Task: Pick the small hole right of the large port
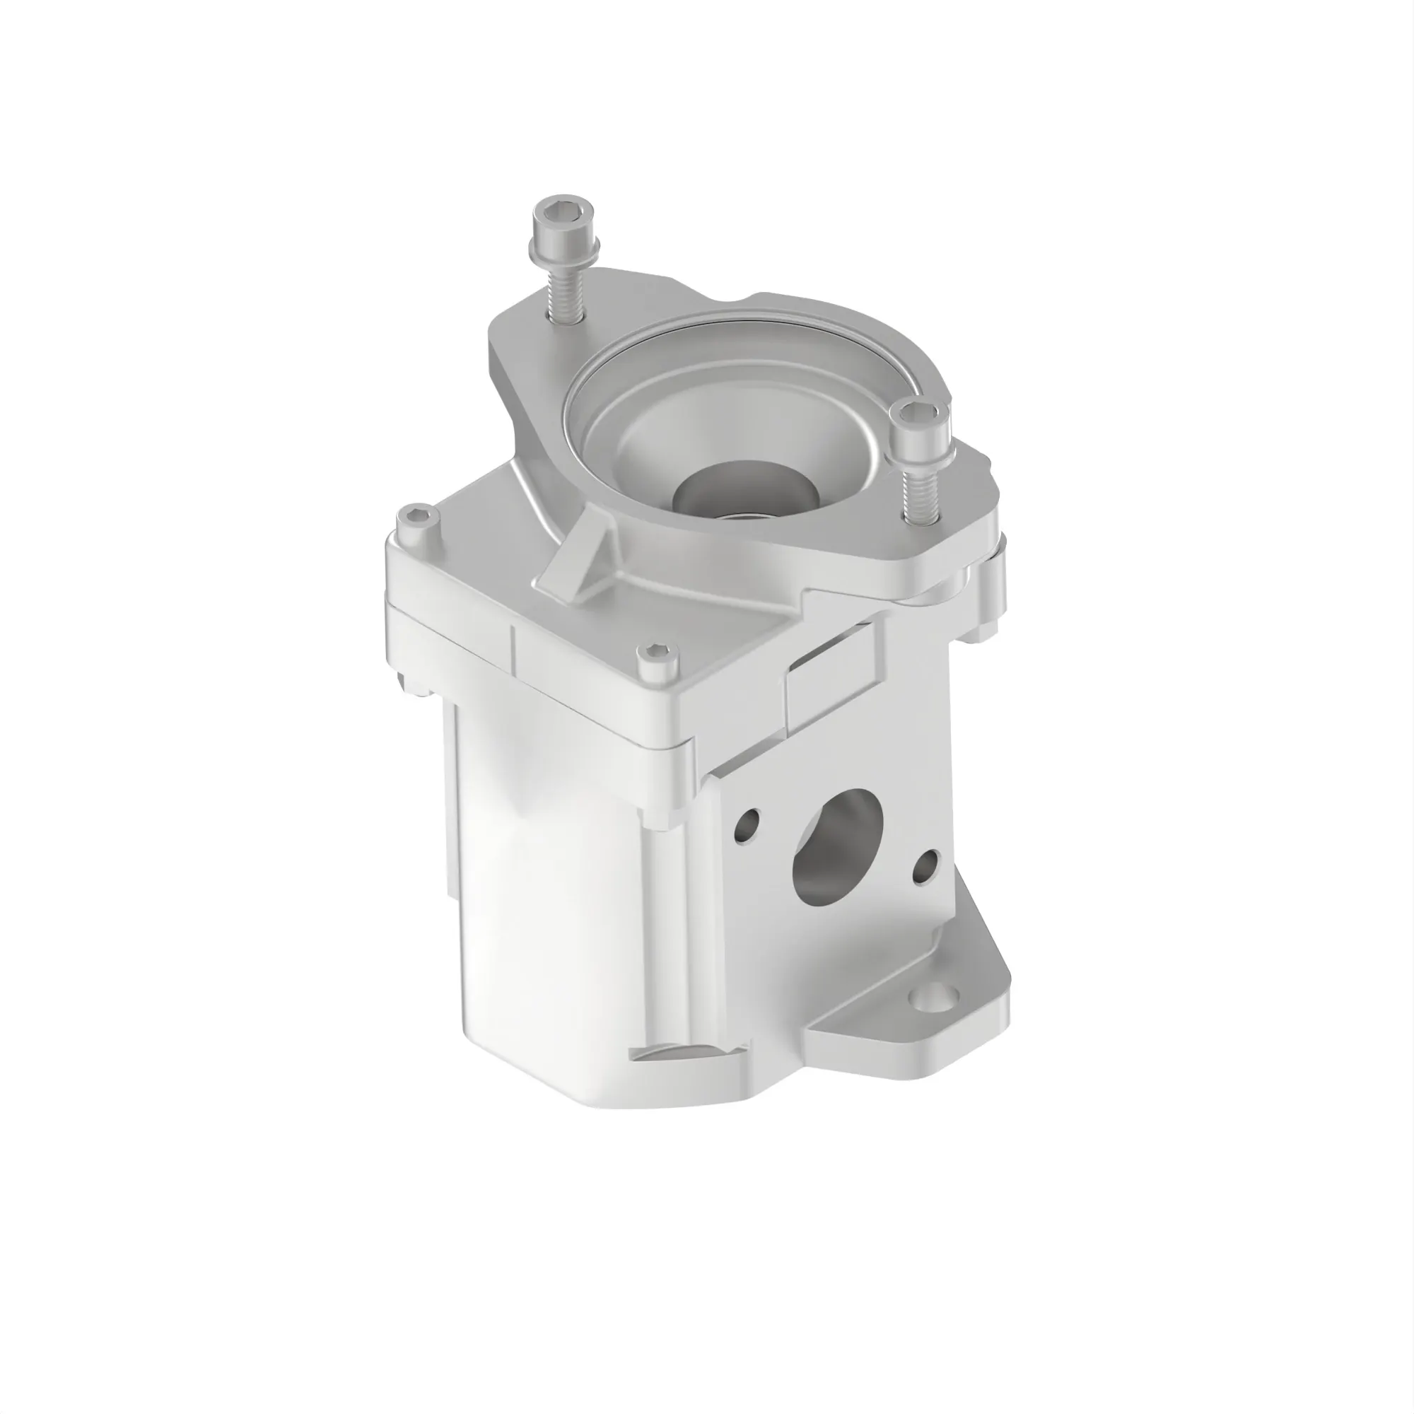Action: click(926, 866)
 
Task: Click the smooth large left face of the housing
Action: click(542, 893)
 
